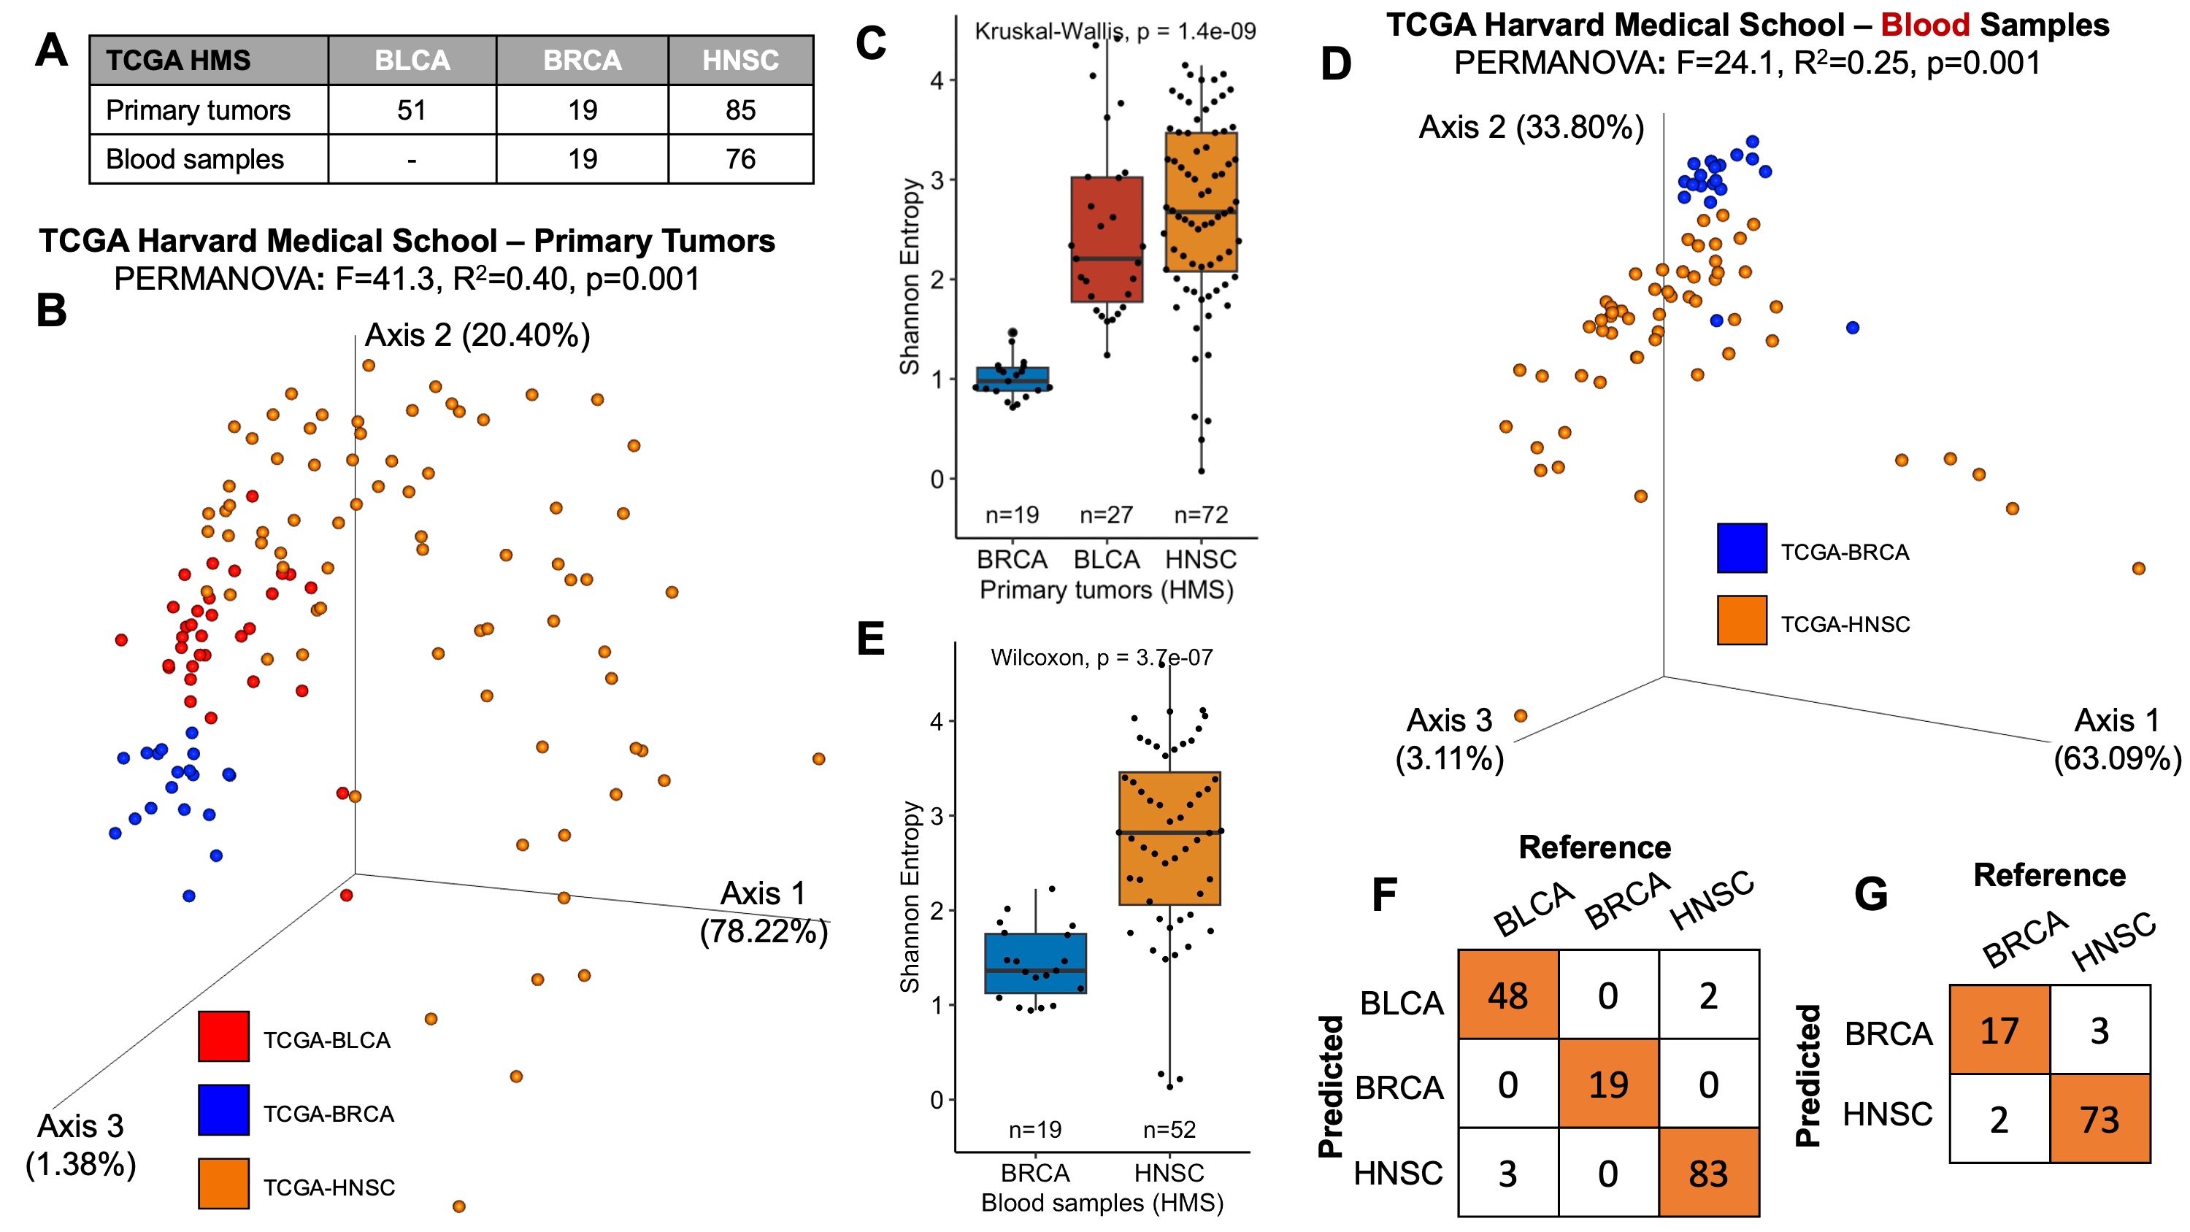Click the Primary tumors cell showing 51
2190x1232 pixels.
click(x=412, y=109)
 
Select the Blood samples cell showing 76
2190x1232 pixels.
click(x=739, y=159)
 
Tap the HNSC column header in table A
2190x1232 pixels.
click(x=739, y=61)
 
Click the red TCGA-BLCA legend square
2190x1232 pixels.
click(x=223, y=1036)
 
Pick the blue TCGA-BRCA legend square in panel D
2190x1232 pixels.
click(x=1741, y=548)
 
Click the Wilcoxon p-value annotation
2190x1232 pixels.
click(x=1101, y=657)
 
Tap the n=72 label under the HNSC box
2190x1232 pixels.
click(x=1200, y=515)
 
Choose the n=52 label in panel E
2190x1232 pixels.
click(x=1169, y=1129)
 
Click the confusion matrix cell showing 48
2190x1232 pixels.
click(x=1507, y=996)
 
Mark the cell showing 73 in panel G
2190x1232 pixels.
click(x=2099, y=1119)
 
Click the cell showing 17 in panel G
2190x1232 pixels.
click(x=1999, y=1031)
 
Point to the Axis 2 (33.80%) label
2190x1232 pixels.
click(x=1531, y=128)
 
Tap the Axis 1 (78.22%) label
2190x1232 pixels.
click(x=763, y=912)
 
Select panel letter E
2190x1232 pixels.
click(x=871, y=639)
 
